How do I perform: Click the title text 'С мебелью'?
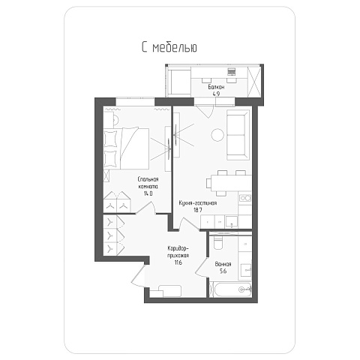point(169,47)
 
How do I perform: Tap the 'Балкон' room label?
point(216,87)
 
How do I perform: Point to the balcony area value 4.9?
point(216,94)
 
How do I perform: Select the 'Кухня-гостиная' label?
point(198,203)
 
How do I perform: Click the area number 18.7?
point(197,210)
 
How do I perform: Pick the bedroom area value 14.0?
point(148,193)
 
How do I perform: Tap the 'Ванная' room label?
point(223,264)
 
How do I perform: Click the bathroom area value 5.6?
point(223,271)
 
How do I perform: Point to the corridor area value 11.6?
point(178,262)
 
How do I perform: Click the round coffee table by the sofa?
point(217,135)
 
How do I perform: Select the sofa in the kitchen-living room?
point(238,135)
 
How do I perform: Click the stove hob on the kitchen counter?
point(245,198)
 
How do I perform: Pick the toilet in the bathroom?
point(218,242)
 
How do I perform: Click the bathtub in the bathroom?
point(230,289)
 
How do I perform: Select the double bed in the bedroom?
point(126,148)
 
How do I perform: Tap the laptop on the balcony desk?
point(231,72)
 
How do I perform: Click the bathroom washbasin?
point(246,270)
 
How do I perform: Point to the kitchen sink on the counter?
point(232,222)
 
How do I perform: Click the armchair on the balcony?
point(179,82)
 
